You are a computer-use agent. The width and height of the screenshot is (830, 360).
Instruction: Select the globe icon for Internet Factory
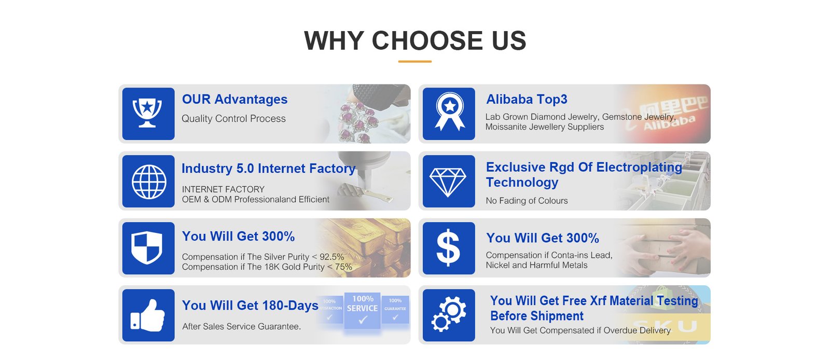tap(148, 182)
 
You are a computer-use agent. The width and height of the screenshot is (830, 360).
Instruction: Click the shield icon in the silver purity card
tap(147, 247)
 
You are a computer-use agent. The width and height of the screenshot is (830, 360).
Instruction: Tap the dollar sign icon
tap(448, 247)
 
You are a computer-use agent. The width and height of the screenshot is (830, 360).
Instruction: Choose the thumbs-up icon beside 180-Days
tap(147, 315)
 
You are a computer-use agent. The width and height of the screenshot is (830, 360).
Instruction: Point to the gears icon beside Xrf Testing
tap(449, 314)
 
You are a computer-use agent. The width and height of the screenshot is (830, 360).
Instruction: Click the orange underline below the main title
tap(414, 62)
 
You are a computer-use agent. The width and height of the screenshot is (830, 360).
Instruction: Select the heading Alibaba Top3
tap(527, 99)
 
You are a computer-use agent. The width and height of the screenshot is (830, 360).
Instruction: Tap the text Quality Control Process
tap(233, 118)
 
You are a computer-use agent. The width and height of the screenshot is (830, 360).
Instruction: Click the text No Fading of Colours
tap(527, 201)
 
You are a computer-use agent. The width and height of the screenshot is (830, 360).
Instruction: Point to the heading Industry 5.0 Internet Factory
tap(269, 169)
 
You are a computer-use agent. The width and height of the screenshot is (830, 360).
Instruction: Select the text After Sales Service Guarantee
tap(241, 326)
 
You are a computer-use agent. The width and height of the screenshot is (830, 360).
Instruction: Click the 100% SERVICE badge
tap(362, 310)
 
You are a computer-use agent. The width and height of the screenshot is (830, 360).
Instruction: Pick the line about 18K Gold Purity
tap(267, 267)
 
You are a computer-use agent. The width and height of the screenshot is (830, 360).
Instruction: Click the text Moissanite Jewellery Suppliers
tap(544, 127)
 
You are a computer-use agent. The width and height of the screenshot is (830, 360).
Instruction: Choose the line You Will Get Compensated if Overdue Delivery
tap(580, 330)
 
